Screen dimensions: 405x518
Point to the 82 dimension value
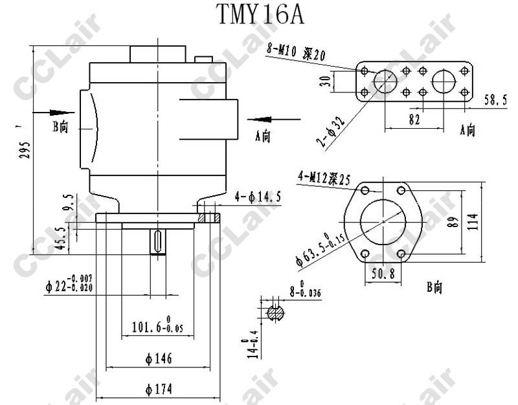click(415, 120)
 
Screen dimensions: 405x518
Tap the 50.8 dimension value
click(383, 274)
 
